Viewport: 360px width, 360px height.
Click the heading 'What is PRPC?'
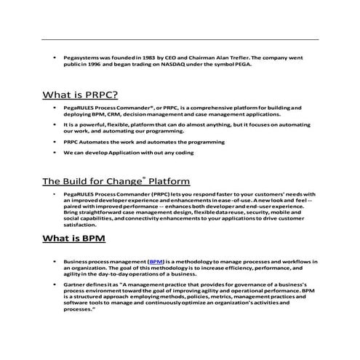80,95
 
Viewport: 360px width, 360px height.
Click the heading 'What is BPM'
75,238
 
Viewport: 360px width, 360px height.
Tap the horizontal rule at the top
180,39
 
